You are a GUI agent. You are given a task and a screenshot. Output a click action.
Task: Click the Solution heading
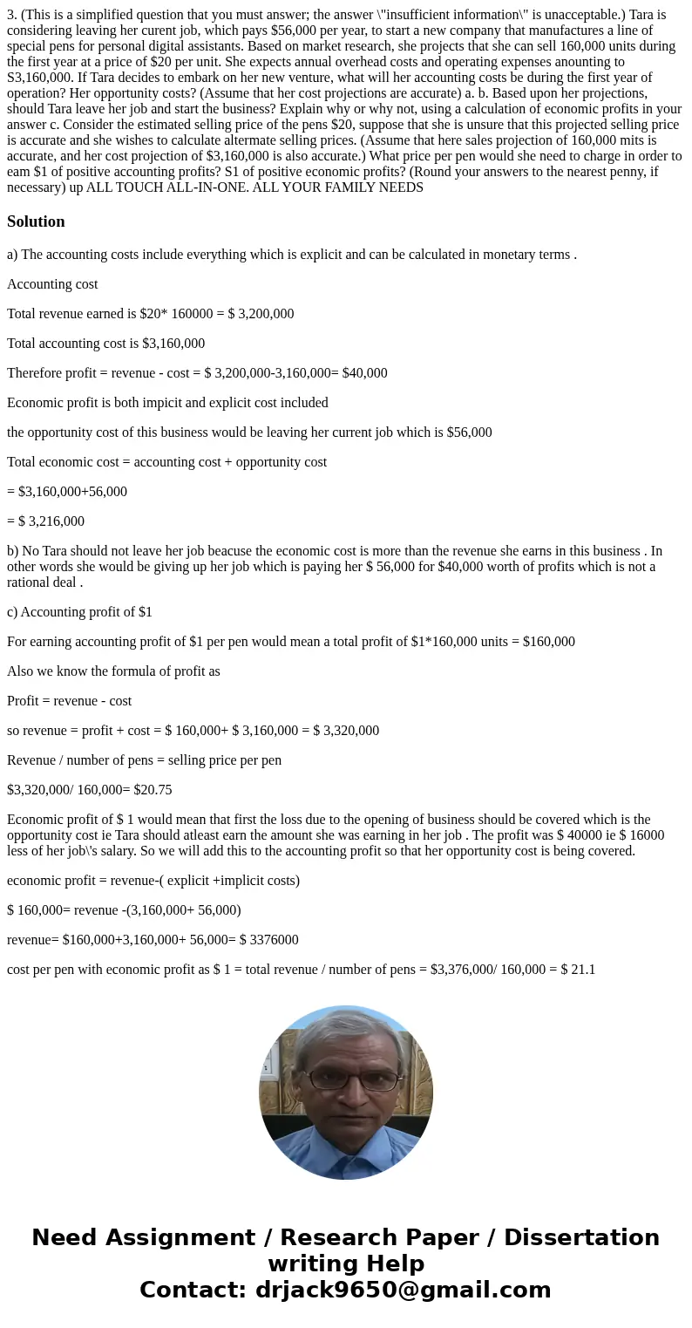point(36,221)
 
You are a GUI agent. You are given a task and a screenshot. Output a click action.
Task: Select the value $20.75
point(153,789)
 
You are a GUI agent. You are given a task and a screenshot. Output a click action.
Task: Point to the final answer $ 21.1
point(576,969)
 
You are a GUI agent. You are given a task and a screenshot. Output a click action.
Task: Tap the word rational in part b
point(31,582)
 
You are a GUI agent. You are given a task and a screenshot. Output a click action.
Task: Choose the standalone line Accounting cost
point(52,283)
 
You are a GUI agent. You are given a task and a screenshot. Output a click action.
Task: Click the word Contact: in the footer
point(194,1290)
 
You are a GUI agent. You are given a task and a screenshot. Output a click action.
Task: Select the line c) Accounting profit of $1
point(79,611)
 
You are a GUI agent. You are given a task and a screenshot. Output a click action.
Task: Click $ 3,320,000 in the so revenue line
point(346,730)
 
